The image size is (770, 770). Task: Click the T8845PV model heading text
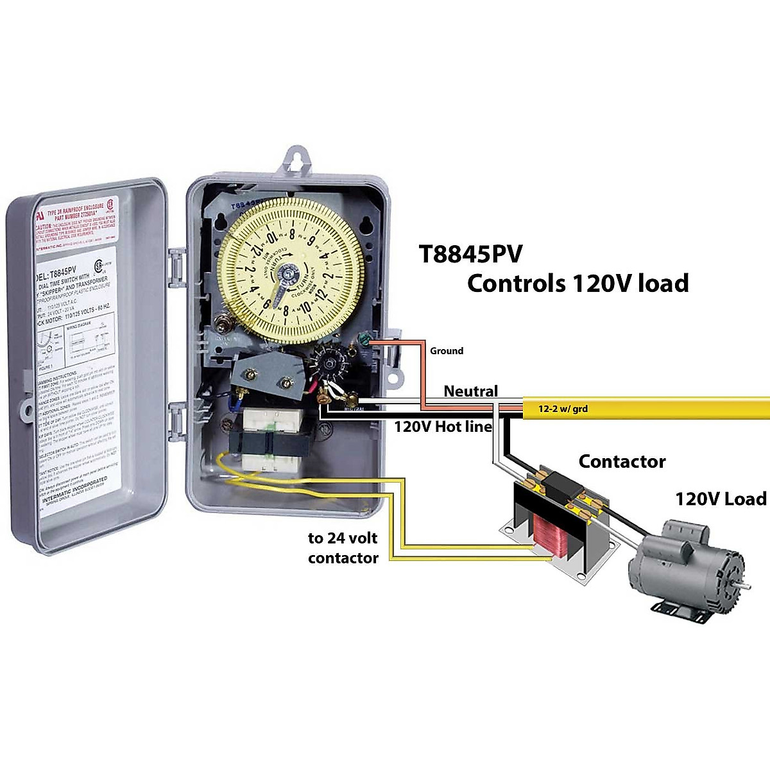pos(470,254)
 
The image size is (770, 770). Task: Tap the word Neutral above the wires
pos(470,391)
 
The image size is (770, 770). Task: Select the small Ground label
pos(446,350)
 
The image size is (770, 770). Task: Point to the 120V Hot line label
pos(443,426)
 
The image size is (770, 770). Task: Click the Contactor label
pos(622,461)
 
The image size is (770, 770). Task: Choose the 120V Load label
pos(720,499)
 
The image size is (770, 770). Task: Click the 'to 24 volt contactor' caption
pos(343,548)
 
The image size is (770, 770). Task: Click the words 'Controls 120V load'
pos(577,283)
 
